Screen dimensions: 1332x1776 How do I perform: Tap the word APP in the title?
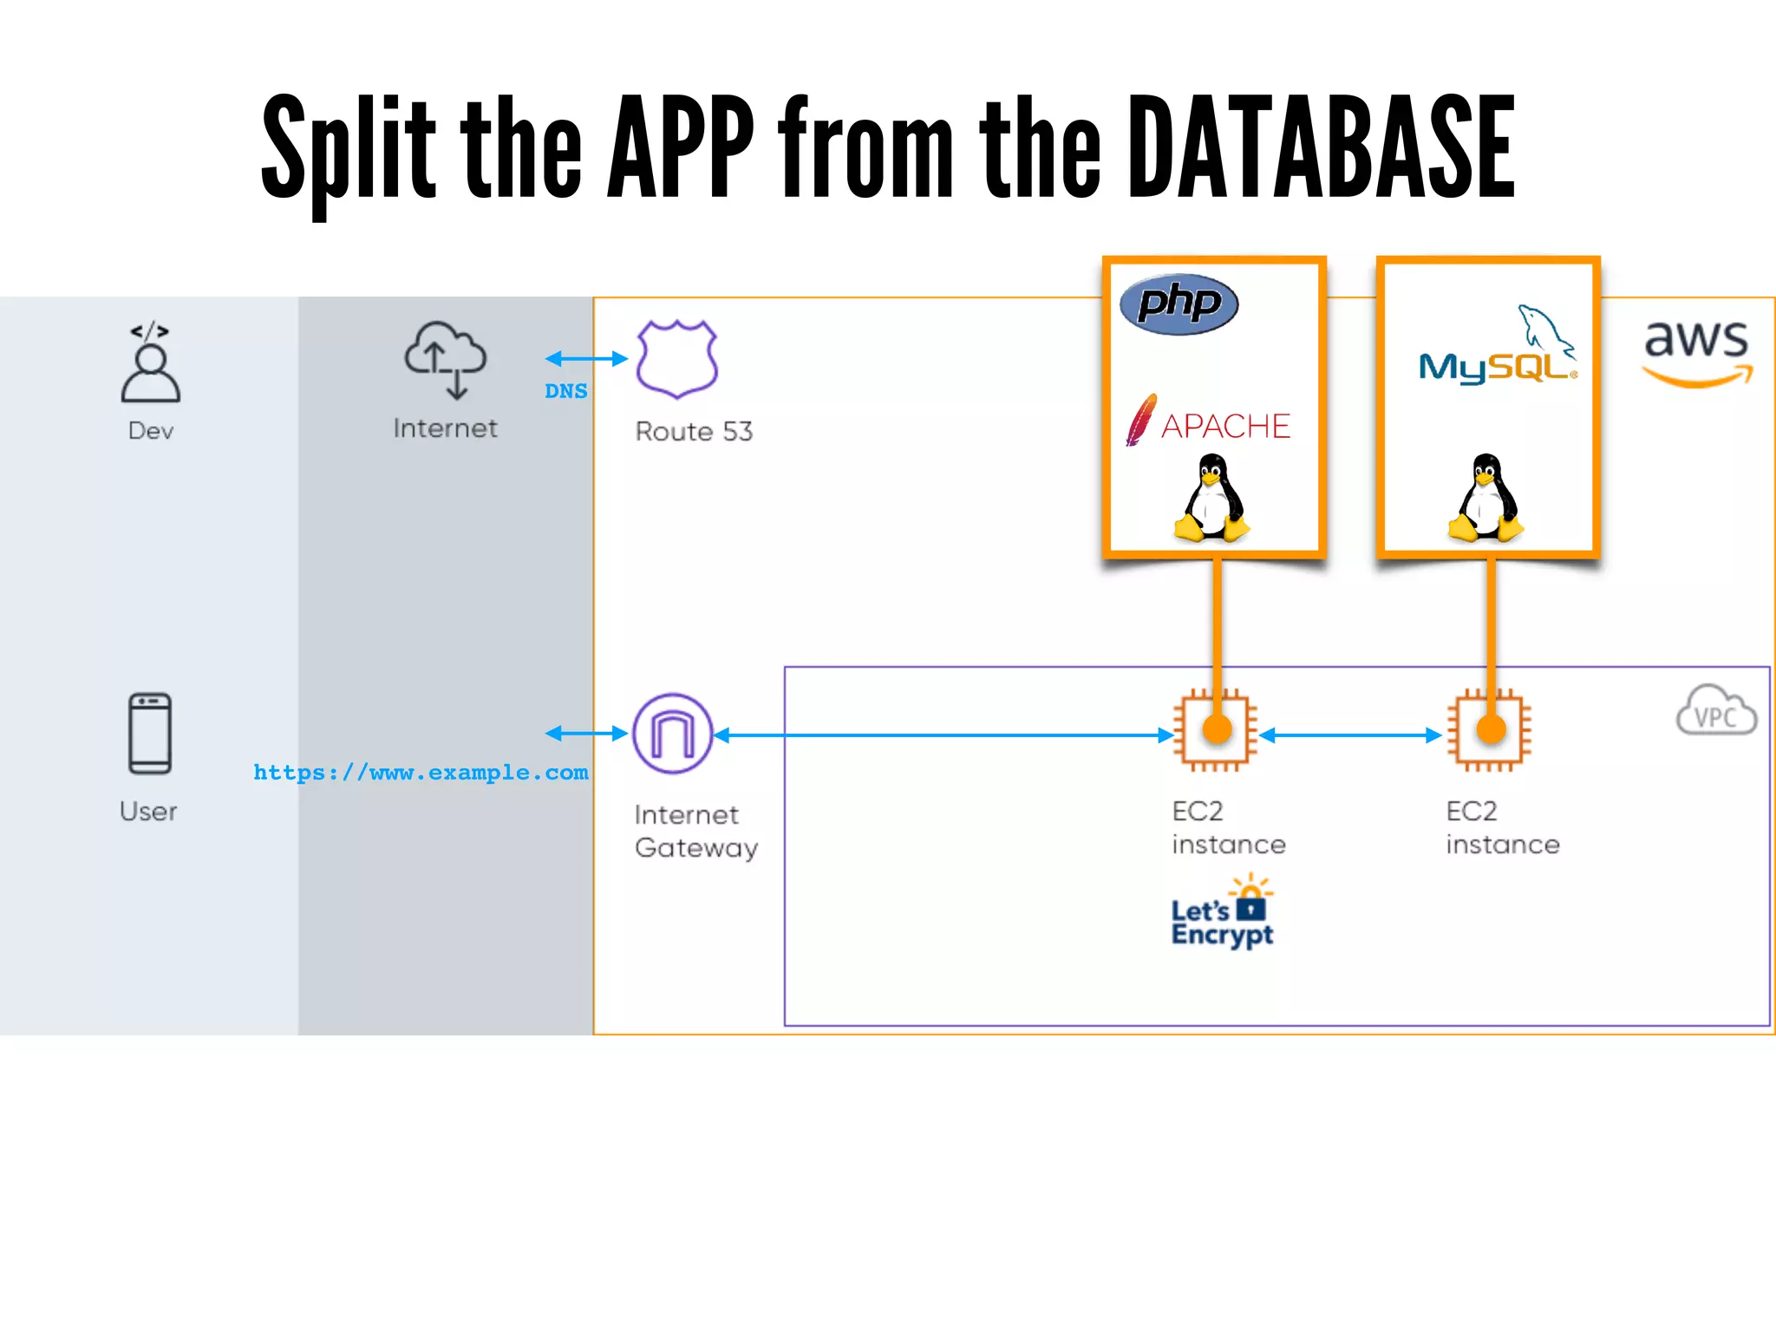tap(681, 147)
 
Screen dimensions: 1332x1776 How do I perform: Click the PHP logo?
tap(1179, 304)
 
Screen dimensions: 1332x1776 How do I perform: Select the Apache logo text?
tap(1224, 427)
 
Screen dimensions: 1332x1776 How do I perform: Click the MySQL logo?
tap(1498, 351)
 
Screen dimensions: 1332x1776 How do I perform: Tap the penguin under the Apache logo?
tap(1211, 499)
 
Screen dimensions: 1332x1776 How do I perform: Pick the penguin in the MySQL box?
tap(1485, 499)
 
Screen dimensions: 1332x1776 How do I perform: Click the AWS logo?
tap(1697, 351)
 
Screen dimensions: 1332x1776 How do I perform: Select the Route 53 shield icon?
tap(676, 359)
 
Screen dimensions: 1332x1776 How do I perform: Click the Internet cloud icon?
tap(446, 359)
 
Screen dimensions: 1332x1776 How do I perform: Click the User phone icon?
tap(150, 733)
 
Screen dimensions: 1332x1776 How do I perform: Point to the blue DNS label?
tap(565, 391)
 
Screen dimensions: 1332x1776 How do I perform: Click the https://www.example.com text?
tap(421, 772)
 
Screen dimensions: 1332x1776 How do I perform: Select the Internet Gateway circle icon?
tap(673, 734)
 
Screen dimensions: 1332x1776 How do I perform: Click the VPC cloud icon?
tap(1715, 711)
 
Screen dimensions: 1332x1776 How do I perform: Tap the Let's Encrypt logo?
tap(1222, 915)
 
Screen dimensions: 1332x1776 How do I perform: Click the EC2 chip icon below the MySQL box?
tap(1489, 730)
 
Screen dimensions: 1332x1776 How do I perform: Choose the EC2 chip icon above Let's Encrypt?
tap(1215, 730)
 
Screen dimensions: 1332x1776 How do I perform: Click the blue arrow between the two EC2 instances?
tap(1350, 735)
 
